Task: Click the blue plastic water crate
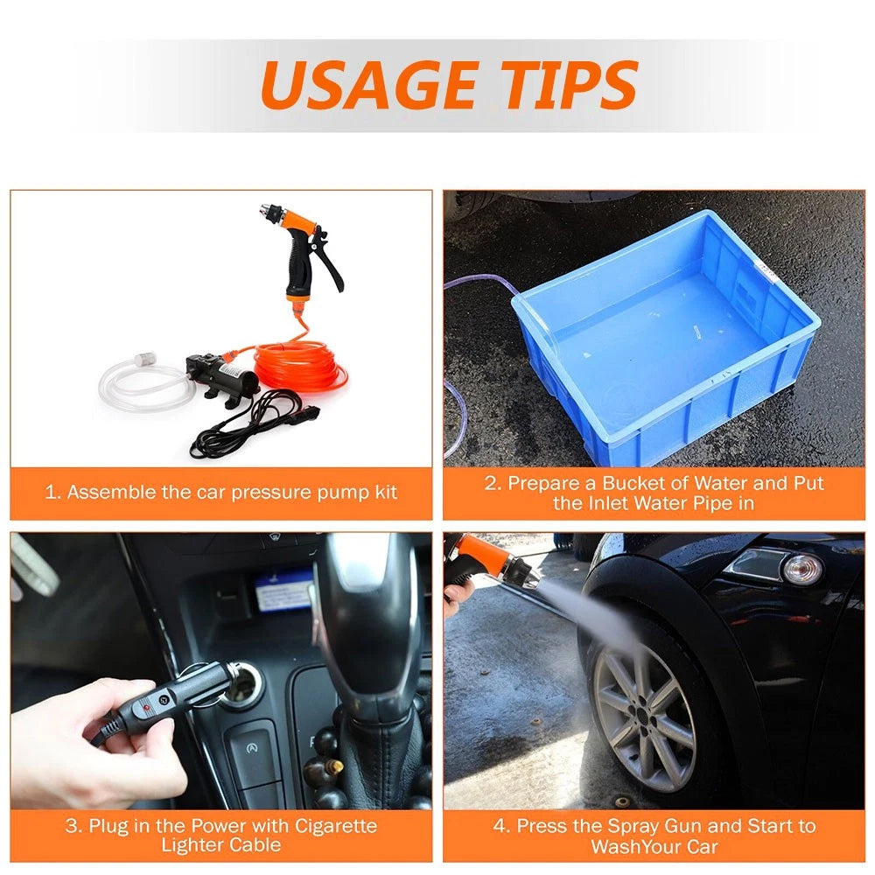click(x=664, y=340)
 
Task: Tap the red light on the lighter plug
click(x=147, y=708)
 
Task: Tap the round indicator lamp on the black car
click(x=802, y=570)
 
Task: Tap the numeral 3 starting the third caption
click(x=71, y=826)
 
